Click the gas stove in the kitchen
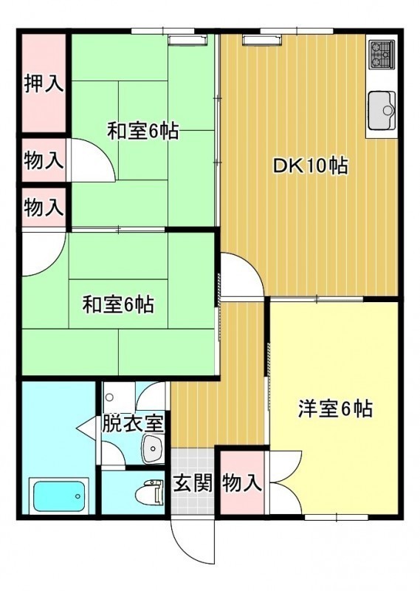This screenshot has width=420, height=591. [381, 54]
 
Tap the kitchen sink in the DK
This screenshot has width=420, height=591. [382, 109]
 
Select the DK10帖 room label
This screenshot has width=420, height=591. [309, 165]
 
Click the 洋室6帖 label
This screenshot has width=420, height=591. [335, 409]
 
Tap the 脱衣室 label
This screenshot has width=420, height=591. [133, 423]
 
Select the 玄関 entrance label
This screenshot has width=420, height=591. [193, 483]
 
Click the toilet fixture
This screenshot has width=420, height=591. [150, 492]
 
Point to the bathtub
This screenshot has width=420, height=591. [59, 496]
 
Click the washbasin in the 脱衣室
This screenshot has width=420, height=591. [152, 448]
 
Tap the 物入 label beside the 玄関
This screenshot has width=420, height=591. [241, 483]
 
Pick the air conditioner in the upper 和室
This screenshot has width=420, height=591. [188, 40]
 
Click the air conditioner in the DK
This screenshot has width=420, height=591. [263, 40]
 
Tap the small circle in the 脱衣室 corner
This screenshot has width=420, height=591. [110, 397]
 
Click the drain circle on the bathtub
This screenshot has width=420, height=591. [78, 496]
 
